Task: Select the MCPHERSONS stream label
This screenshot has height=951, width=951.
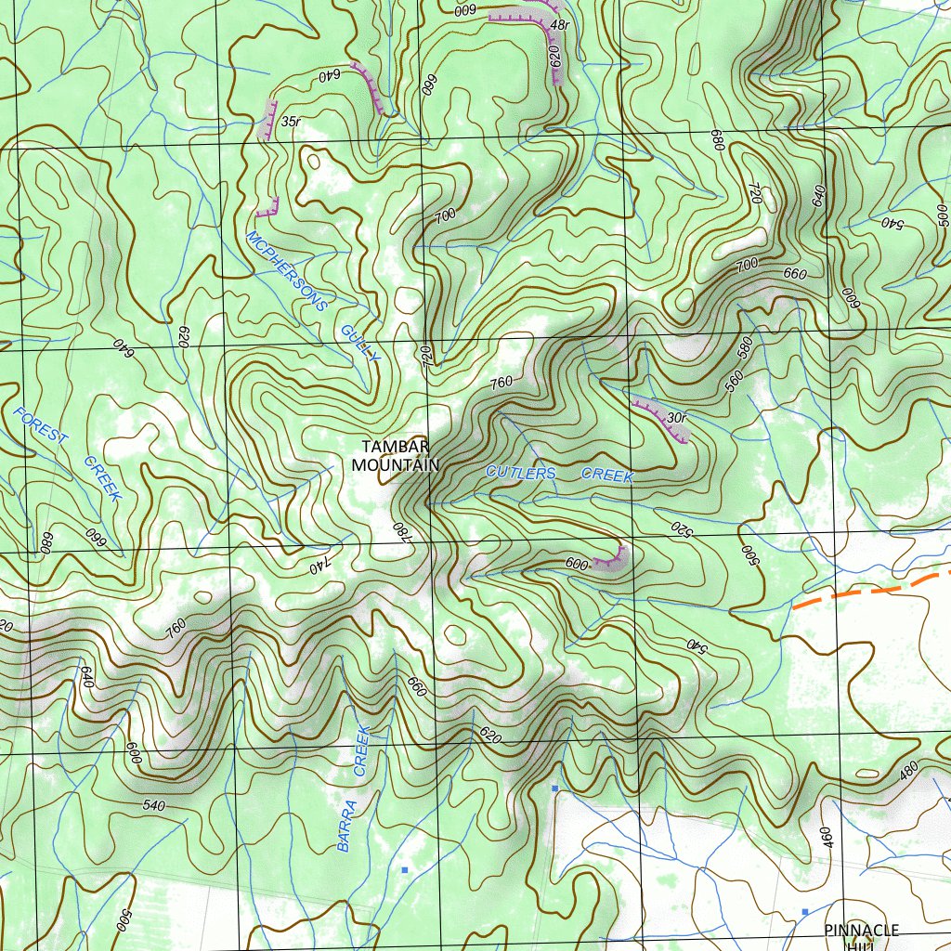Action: (287, 270)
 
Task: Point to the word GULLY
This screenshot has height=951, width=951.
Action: (360, 343)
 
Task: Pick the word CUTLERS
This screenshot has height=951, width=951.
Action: (520, 474)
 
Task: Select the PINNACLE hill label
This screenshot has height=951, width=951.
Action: (862, 930)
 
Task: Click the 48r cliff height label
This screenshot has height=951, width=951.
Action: (559, 25)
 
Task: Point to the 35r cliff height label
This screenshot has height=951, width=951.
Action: (291, 122)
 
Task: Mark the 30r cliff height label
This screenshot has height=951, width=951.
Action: (676, 418)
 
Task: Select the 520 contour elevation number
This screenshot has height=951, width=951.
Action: (682, 530)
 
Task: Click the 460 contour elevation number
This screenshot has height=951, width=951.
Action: (827, 837)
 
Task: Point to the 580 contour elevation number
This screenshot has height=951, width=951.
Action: (743, 350)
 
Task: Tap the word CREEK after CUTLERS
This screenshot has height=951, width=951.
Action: (607, 475)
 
